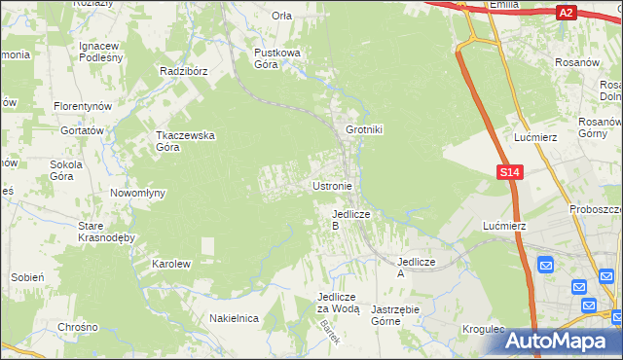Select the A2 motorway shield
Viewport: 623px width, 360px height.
pos(566,13)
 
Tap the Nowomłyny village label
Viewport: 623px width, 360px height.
pos(137,193)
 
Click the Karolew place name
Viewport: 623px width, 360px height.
pos(171,264)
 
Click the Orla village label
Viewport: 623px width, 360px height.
pos(282,16)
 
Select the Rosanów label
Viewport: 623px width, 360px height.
pos(575,62)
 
